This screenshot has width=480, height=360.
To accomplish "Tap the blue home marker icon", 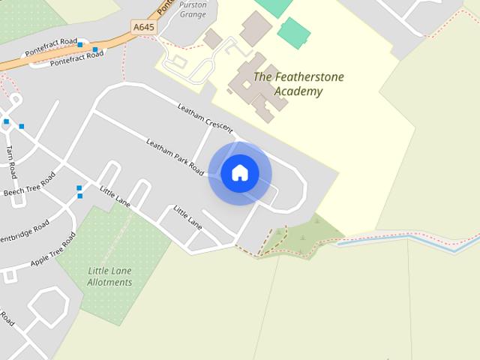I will point(240,173).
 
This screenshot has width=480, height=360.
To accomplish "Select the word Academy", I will point(298,91).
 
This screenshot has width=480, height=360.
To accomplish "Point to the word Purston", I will point(193,4).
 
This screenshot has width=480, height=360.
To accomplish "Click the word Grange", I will point(193,14).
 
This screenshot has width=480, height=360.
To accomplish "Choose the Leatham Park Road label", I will point(175,157).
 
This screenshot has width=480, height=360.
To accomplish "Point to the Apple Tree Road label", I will point(53,250).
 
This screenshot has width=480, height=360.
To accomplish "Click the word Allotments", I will point(109,283).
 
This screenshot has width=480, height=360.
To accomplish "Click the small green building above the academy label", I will point(294,33).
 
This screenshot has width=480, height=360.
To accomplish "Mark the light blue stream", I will point(405,238).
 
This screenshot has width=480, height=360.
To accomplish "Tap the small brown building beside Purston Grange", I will point(212,39).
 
